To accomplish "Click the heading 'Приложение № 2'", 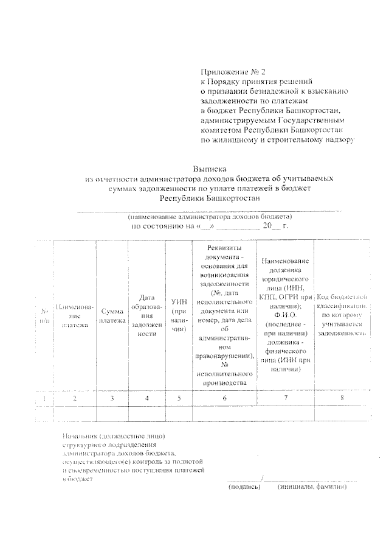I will (233, 71).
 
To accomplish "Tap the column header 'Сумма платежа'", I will (113, 315).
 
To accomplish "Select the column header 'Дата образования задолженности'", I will (147, 315).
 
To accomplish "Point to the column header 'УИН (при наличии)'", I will (177, 315).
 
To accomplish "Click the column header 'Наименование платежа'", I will (75, 315).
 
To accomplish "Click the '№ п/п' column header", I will (43, 315).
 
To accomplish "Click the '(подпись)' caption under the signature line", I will (244, 487).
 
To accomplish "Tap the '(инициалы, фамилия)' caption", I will (312, 487).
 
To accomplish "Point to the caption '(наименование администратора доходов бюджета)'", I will (209, 216).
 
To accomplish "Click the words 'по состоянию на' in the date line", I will (160, 226).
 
